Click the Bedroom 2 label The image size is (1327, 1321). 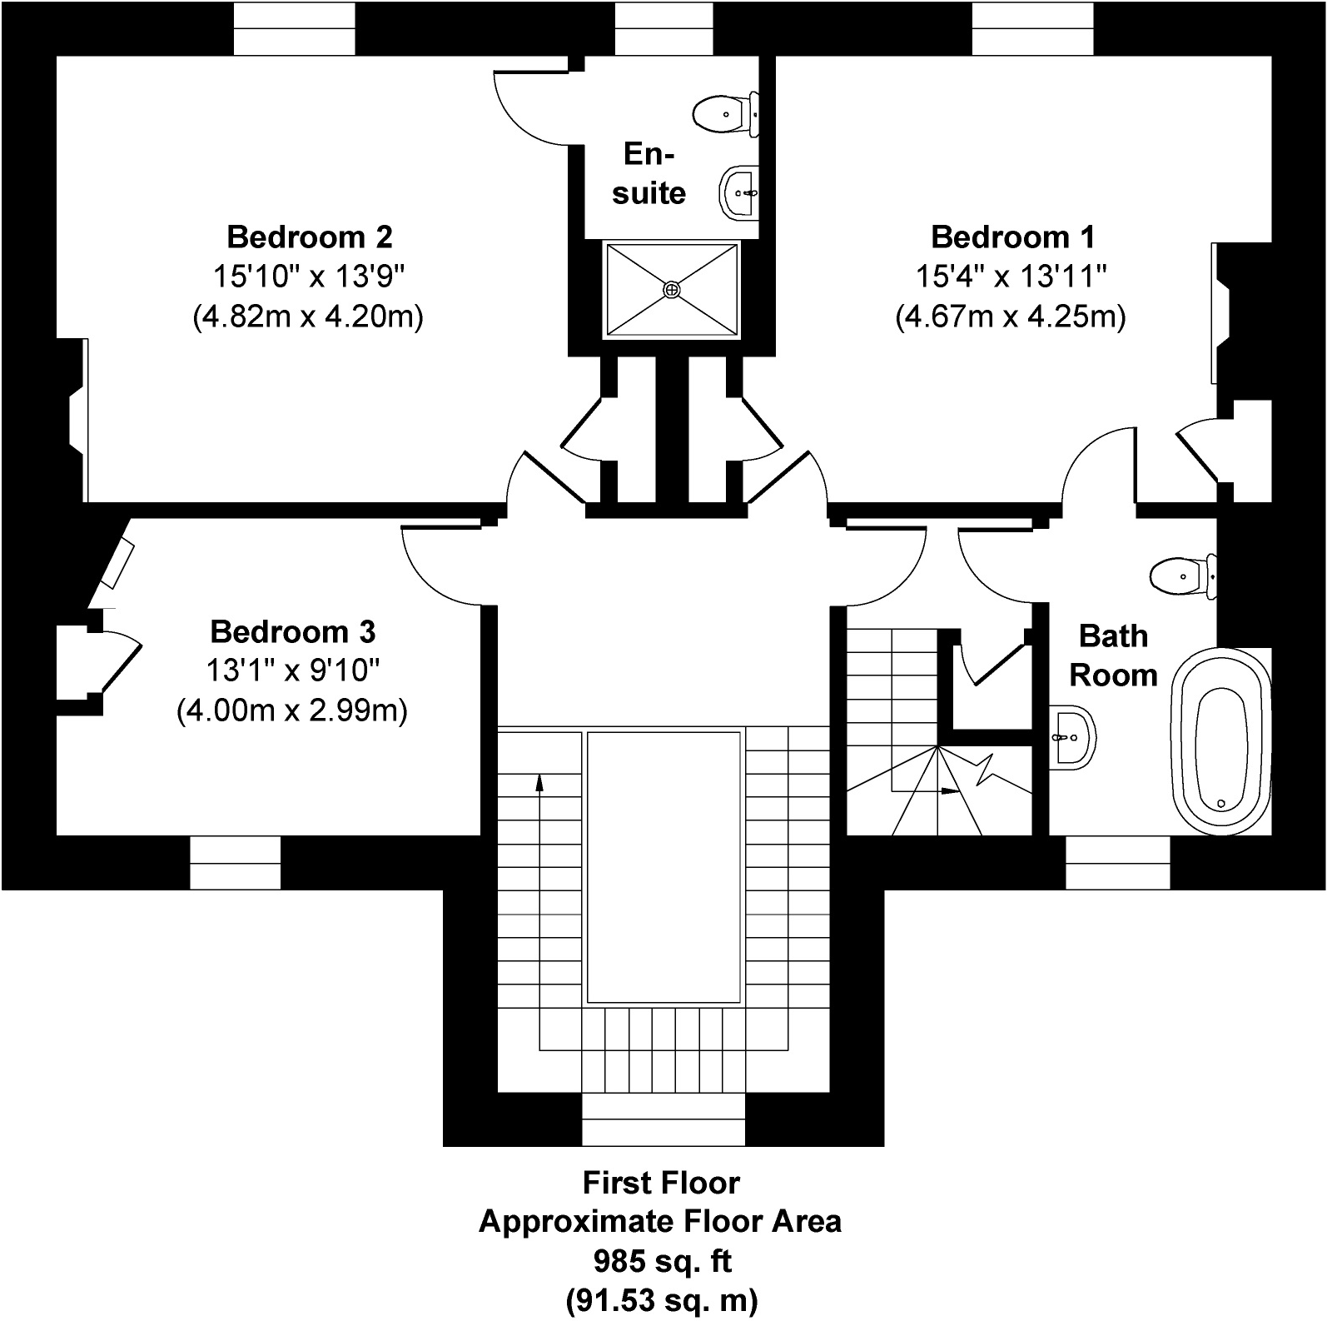point(309,237)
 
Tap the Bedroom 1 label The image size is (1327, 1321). point(1012,237)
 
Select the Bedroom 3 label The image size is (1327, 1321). point(293,632)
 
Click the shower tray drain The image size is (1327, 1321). point(671,289)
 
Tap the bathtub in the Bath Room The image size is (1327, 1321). point(1221,743)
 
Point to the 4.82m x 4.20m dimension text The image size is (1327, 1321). point(309,317)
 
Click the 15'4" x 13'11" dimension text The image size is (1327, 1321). point(1011,277)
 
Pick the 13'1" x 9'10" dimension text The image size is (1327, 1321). point(293,670)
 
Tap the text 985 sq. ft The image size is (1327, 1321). point(662,1261)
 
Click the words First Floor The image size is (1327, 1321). point(662,1183)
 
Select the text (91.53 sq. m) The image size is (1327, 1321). point(662,1299)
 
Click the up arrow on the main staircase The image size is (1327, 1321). point(539,781)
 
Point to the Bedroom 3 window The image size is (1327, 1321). point(236,862)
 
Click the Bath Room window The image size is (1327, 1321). point(1118,862)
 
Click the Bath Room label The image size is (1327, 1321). point(1113,656)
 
